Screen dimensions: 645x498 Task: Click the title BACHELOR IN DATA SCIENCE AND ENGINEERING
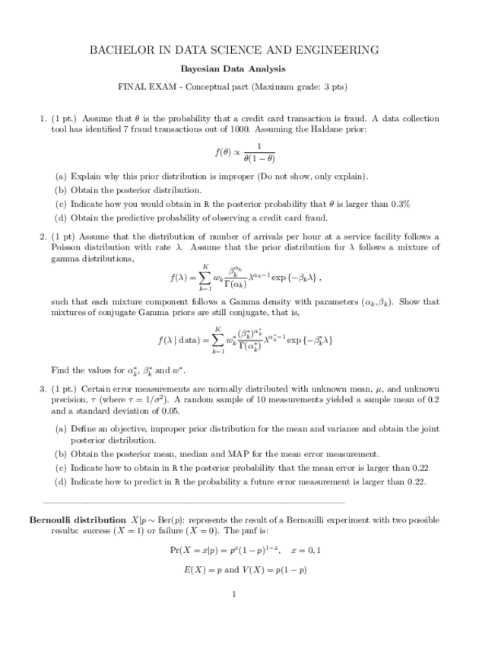(234, 50)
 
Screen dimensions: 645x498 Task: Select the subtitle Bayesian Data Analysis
(234, 69)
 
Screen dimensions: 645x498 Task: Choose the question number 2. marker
(43, 237)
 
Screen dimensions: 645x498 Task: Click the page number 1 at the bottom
(234, 594)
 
